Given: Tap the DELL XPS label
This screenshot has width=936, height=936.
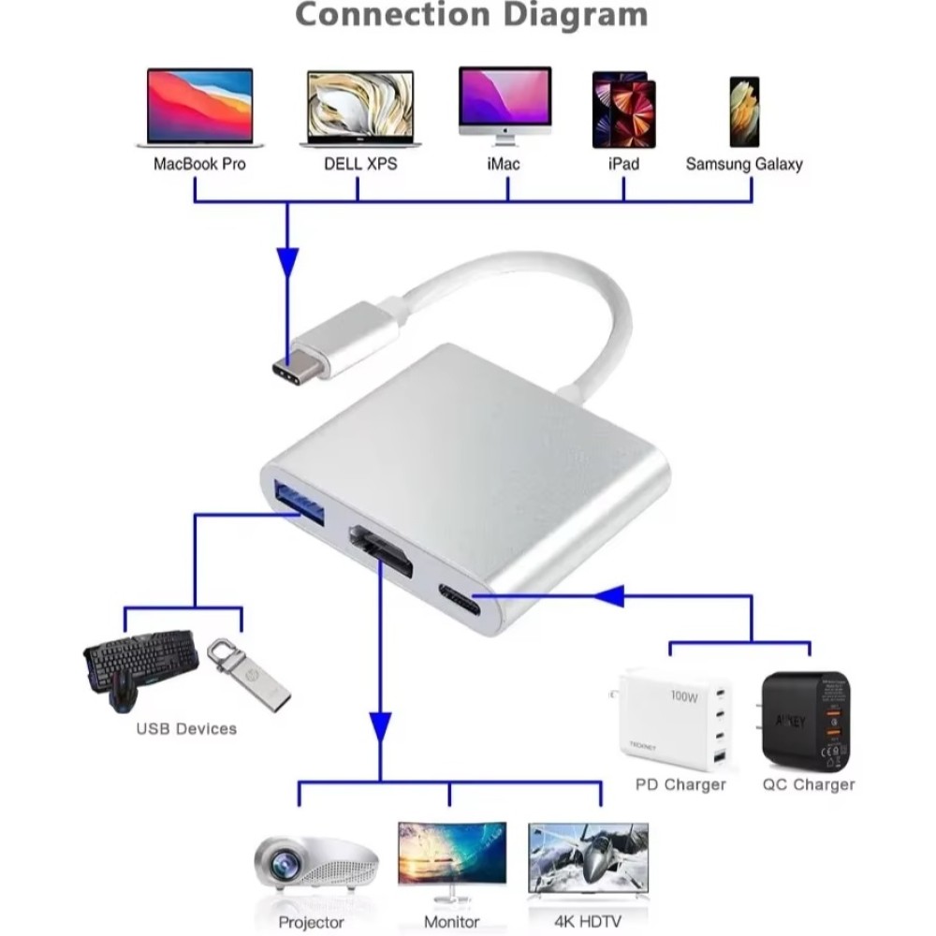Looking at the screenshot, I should [360, 164].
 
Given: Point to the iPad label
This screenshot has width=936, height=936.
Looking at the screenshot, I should [623, 164].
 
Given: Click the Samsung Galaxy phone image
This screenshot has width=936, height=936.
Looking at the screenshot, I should [744, 111].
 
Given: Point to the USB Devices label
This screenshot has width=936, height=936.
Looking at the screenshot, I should [186, 728].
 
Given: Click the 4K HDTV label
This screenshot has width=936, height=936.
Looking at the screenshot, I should [587, 922].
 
